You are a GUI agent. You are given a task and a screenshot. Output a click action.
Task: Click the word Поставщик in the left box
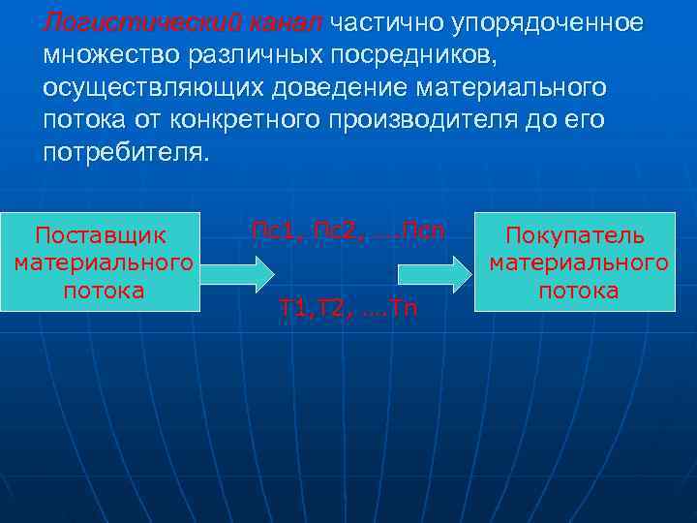pos(101,236)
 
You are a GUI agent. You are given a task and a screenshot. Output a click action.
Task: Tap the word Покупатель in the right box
pos(578,237)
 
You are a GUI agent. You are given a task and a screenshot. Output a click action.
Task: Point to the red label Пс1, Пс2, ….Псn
pos(348,231)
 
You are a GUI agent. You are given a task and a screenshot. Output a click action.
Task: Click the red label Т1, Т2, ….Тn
pos(348,309)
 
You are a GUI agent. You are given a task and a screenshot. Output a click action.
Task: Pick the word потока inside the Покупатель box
pos(578,291)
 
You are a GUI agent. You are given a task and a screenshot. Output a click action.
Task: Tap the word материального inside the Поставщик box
pos(103,263)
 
